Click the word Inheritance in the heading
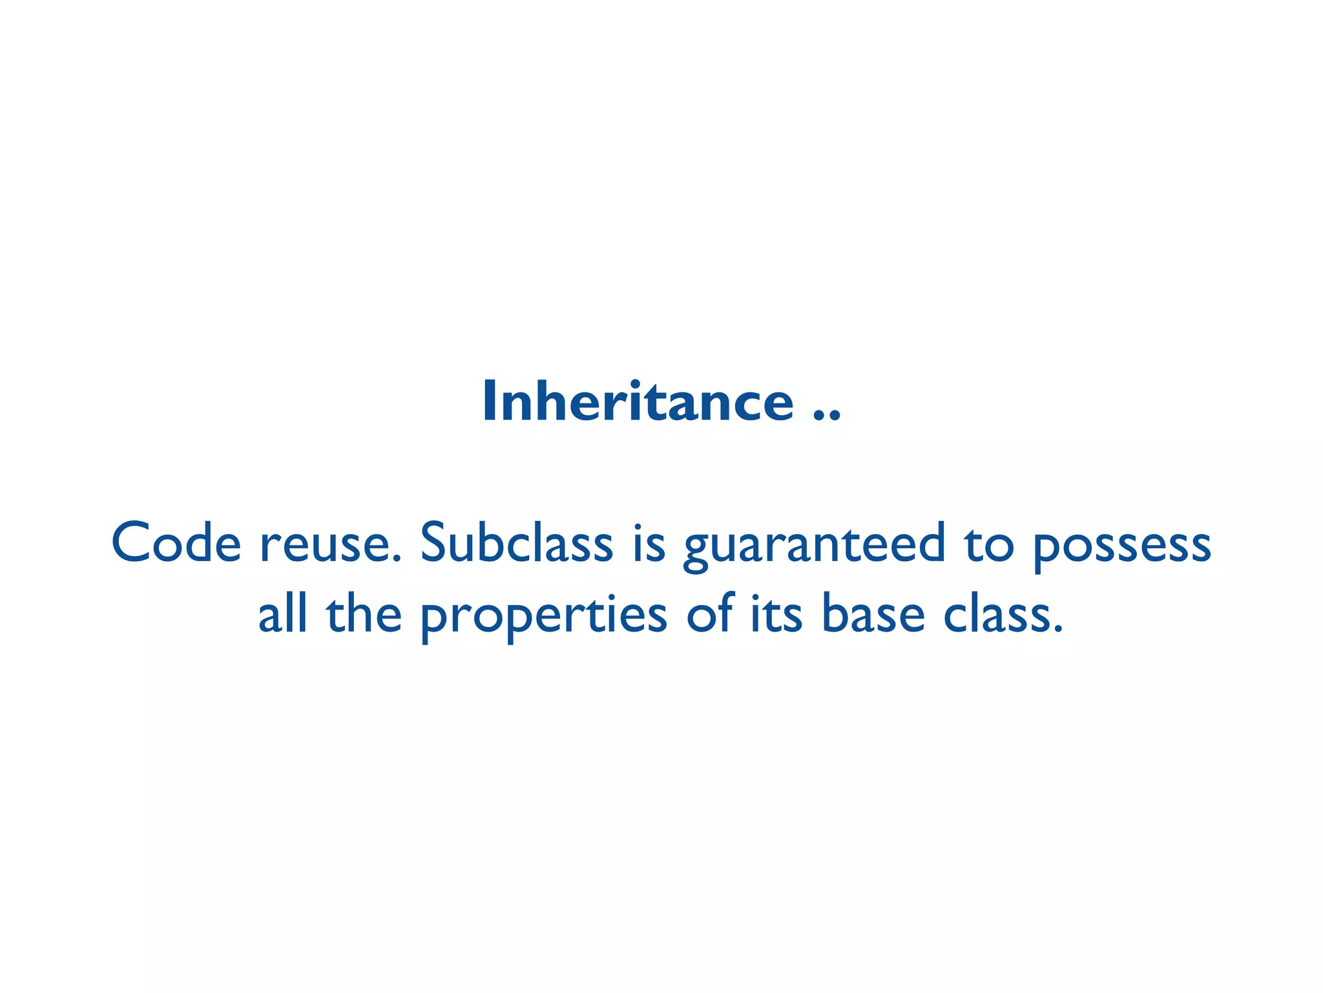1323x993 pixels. point(638,402)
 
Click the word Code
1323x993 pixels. point(176,543)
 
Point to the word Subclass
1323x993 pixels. point(516,543)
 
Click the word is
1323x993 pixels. point(649,543)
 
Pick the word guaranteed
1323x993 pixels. point(815,546)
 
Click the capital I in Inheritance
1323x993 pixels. point(488,402)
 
